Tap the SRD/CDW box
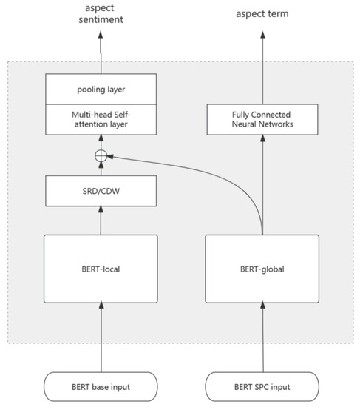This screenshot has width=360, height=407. pos(101,191)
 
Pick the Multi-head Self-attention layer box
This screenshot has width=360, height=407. pos(101,118)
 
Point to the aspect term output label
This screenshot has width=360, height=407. pos(261,13)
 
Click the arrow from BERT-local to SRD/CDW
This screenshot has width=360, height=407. pos(101,220)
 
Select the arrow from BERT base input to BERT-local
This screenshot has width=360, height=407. pos(101,337)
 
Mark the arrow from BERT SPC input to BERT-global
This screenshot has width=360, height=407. pos(261,337)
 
